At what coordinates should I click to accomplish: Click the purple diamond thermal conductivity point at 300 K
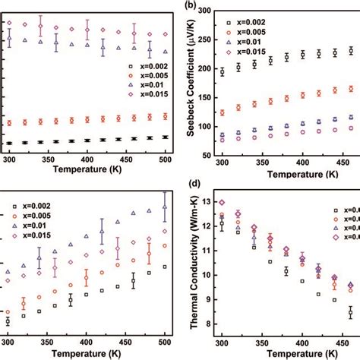click(x=222, y=203)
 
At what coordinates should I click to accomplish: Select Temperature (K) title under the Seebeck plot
click(x=280, y=175)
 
